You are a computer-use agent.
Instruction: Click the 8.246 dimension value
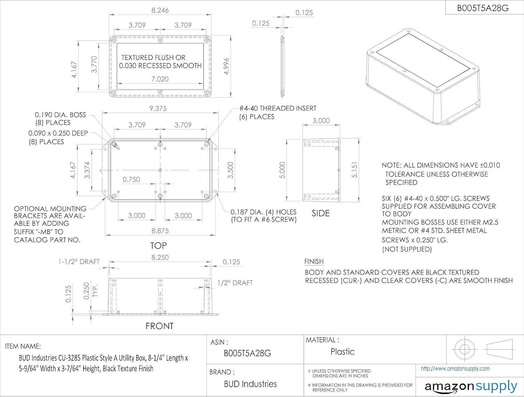160,10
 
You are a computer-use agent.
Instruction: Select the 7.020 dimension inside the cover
160,79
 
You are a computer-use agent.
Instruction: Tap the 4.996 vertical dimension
226,66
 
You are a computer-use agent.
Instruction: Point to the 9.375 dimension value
158,108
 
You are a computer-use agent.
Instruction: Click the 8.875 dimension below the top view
160,231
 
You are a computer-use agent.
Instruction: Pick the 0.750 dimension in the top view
131,180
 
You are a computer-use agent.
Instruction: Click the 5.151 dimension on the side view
355,170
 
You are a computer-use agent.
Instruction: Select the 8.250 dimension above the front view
160,257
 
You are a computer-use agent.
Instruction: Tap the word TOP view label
159,246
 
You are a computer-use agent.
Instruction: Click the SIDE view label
321,214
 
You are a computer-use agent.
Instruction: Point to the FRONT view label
160,326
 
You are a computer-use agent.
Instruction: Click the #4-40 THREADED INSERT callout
278,108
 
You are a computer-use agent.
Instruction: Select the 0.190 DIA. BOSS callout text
60,115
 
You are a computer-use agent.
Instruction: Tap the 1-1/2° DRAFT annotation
79,262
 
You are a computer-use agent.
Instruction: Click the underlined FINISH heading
314,262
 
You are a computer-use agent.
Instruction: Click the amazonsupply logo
471,387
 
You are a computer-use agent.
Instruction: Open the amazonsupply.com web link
455,369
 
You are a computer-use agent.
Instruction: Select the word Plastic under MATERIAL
342,352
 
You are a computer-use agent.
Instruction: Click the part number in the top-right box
483,8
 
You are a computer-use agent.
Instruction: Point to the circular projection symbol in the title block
464,349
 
